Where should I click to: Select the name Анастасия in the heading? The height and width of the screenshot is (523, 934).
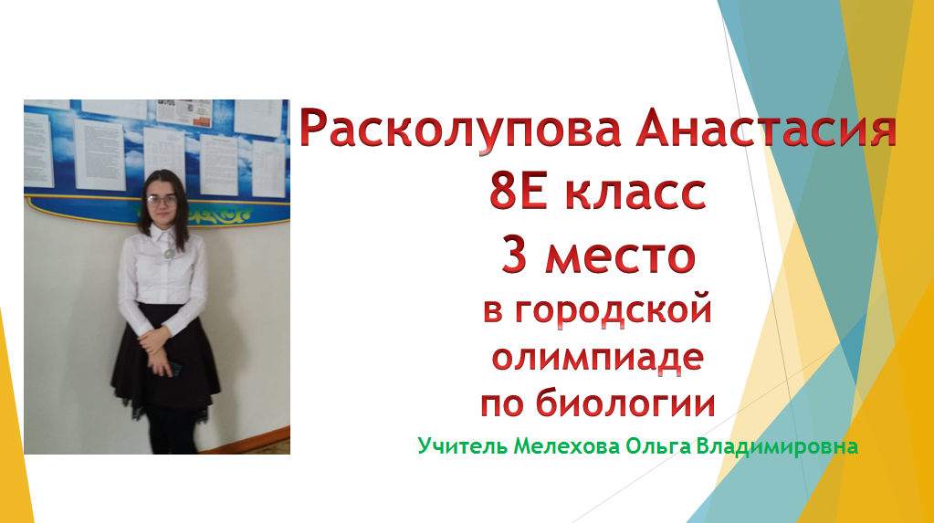pos(766,129)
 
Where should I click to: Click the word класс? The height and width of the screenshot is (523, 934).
pos(635,192)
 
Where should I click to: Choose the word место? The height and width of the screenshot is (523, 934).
pos(620,256)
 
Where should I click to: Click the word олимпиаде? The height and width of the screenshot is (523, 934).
pos(597,358)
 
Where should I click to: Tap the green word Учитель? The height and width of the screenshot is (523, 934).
pos(462,445)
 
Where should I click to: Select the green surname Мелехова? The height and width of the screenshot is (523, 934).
pos(566,446)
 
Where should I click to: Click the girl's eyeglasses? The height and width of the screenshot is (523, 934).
pos(162,200)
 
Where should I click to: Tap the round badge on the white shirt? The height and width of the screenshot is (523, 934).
pos(169,253)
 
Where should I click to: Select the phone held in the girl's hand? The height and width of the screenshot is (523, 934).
pos(174,369)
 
